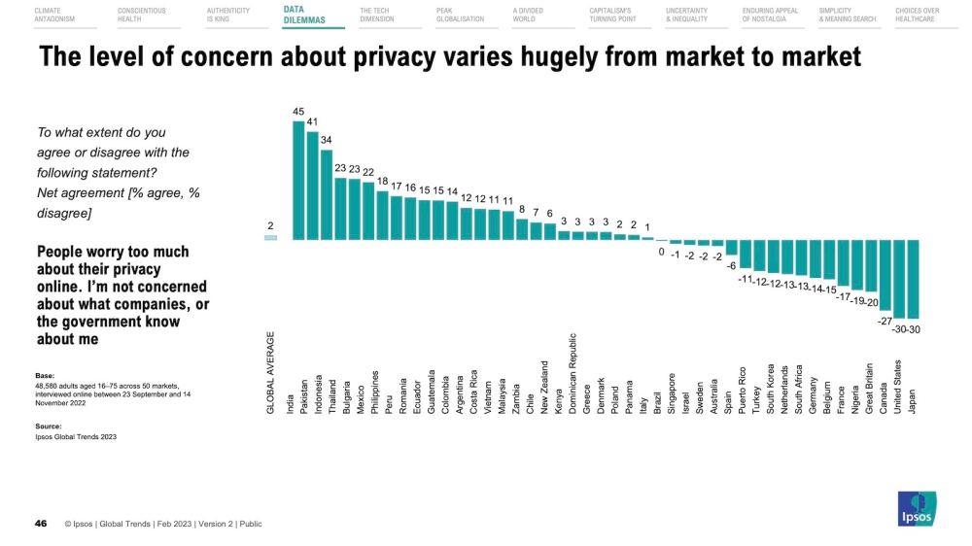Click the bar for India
point(298,181)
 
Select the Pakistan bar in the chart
point(313,186)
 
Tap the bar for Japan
point(913,279)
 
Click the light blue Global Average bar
point(270,237)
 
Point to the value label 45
point(298,112)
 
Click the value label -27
point(885,321)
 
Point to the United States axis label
point(898,387)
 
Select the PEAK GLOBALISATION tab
point(460,15)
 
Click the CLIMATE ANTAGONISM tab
point(54,15)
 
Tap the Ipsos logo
point(915,509)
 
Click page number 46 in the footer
point(41,524)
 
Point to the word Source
point(49,426)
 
